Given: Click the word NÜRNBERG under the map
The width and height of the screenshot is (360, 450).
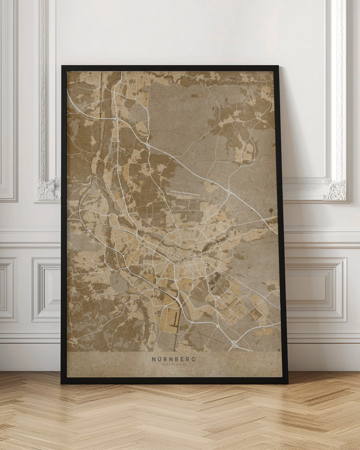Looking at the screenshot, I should (174, 359).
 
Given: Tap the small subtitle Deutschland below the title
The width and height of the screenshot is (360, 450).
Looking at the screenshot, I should (174, 364).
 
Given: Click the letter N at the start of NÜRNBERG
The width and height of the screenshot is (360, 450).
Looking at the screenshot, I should (154, 359).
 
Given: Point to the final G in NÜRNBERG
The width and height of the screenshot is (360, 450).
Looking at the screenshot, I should (194, 359).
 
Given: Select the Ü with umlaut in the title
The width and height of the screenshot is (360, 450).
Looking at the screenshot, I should (160, 359).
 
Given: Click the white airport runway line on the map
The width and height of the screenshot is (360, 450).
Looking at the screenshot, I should (184, 193).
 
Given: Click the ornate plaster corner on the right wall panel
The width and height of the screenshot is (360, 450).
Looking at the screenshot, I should (335, 190).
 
